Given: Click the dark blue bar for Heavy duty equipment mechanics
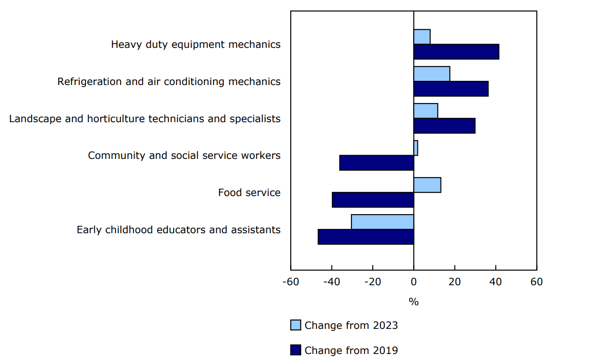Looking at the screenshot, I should coord(456,52).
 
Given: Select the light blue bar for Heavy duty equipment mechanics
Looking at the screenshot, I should coord(422,37).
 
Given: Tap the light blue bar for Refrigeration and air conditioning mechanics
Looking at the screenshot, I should coord(432,74).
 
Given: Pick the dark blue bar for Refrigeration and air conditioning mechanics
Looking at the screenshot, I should coord(451,89).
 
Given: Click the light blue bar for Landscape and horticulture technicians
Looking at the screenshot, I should coord(426,111).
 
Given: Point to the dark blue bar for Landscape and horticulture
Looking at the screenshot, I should coord(444,126).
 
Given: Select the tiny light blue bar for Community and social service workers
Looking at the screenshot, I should coord(416,148).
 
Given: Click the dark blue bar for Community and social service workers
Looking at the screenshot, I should coord(377,163).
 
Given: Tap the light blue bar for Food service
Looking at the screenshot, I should coord(427,185).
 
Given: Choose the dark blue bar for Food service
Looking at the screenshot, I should coord(373,200).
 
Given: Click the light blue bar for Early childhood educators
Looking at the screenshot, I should coord(383,222).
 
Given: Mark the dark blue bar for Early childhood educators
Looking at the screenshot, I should coord(366,237).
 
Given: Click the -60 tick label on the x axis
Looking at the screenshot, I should coord(291,282).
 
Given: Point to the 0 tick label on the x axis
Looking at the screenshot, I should coord(414,282).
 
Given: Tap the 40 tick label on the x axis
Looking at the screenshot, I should coord(495,282).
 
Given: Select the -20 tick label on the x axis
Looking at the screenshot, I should coord(372,282).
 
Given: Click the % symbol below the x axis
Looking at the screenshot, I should coord(414,302).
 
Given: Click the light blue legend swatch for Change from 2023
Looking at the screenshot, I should coord(296,325).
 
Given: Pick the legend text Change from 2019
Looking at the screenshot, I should coord(351,350).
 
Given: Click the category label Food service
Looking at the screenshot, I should coord(249,192).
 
